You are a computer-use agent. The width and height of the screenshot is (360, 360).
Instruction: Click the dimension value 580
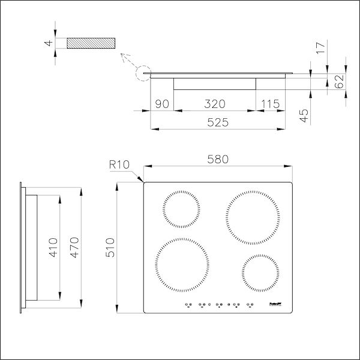tap(217, 160)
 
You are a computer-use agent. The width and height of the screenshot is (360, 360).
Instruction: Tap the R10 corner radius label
tap(119, 164)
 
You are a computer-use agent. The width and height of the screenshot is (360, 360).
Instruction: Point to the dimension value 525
tap(217, 122)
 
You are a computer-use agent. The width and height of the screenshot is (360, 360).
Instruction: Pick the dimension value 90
tap(161, 104)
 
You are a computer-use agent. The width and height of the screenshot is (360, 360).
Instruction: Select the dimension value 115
tap(270, 104)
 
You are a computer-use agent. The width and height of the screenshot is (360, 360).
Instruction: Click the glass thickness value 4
tap(48, 44)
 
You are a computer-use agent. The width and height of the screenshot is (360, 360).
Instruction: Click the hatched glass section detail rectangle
tap(90, 44)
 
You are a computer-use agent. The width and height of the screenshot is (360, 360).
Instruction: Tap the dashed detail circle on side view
tap(145, 75)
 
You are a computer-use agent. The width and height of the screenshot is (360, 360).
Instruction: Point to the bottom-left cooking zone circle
tap(183, 265)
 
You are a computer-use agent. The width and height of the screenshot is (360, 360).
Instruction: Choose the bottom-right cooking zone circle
tap(260, 274)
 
